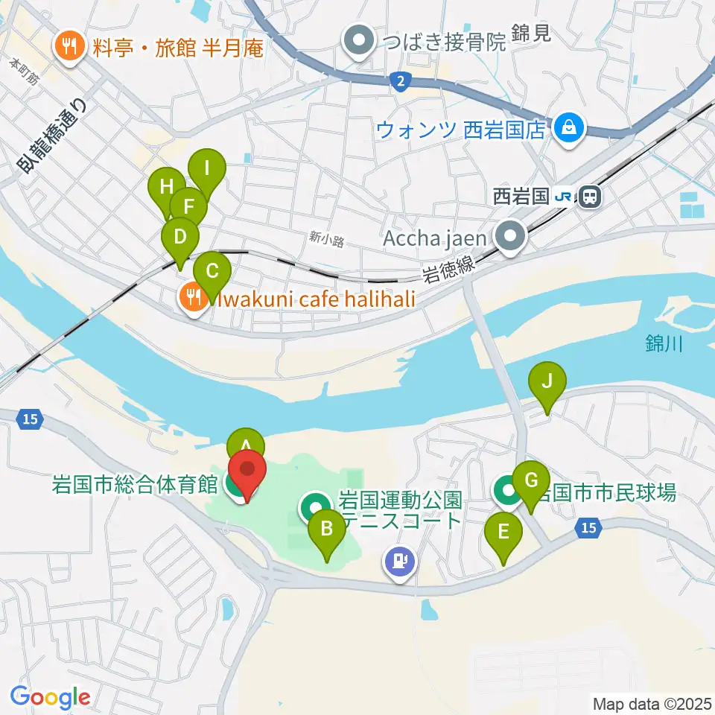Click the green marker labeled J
pos(547,383)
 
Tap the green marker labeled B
pos(327,530)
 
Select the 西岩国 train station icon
pos(589,197)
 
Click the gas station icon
pos(401,559)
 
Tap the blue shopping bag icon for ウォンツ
pos(569,127)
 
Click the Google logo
pos(50,698)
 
